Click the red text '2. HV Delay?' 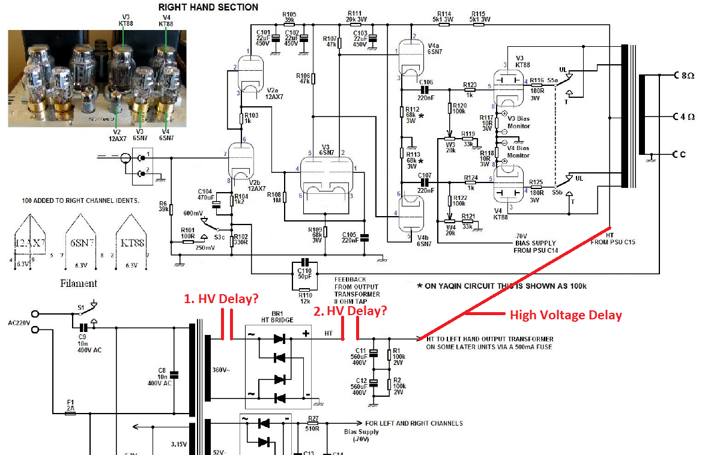pyautogui.click(x=349, y=311)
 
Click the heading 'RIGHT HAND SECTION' pyautogui.click(x=208, y=7)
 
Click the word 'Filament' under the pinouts pyautogui.click(x=78, y=283)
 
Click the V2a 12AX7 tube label pyautogui.click(x=273, y=93)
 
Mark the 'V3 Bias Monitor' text pyautogui.click(x=518, y=122)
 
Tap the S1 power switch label pyautogui.click(x=81, y=307)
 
